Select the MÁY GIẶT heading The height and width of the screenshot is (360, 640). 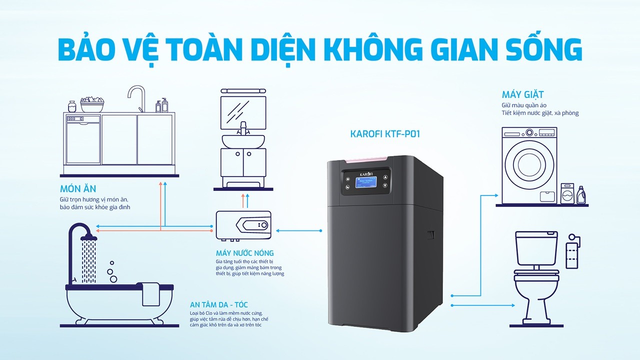point(522,94)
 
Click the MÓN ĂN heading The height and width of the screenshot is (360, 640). point(77,188)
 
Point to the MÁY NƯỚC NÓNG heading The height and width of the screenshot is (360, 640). point(244,253)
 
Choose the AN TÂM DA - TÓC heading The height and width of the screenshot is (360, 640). point(218,304)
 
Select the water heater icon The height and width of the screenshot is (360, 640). point(245,225)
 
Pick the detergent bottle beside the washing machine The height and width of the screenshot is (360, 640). point(581,195)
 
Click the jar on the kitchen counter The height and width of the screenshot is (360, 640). point(72,105)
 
